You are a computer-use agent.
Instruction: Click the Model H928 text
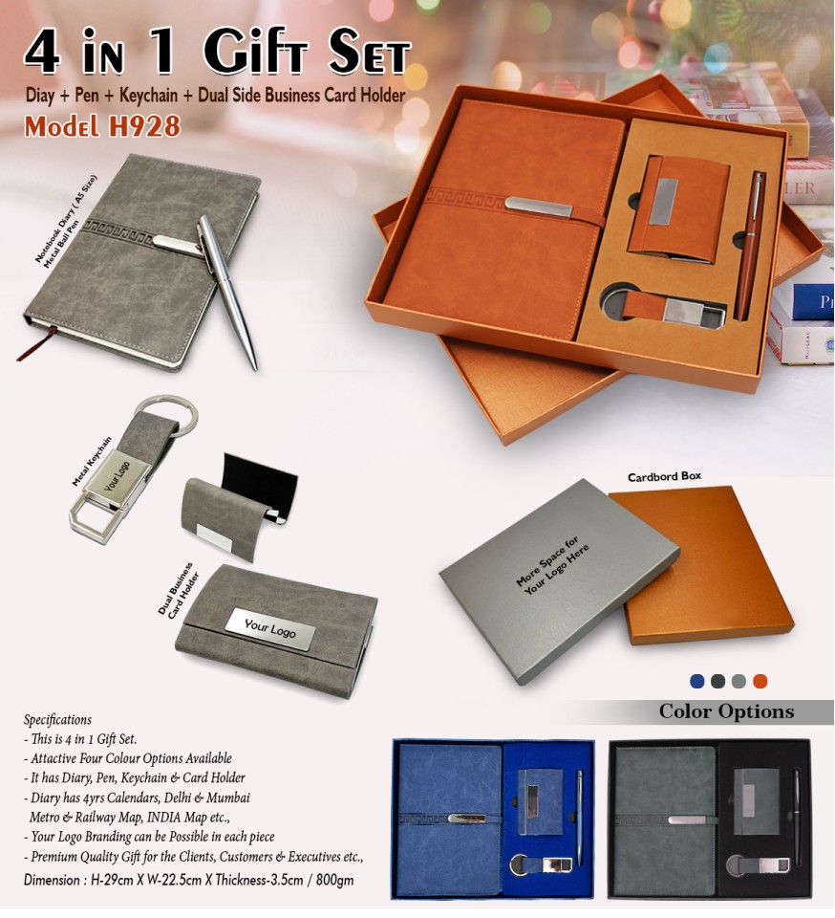(102, 126)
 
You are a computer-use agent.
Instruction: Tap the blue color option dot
(697, 681)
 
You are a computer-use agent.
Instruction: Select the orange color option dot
(760, 681)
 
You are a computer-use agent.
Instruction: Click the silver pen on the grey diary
(226, 291)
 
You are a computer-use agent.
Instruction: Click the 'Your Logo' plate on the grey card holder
(270, 629)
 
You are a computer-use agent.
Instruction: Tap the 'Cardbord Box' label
(664, 476)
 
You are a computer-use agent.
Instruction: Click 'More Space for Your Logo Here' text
(552, 565)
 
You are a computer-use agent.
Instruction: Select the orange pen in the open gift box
(750, 246)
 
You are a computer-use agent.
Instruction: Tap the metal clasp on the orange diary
(539, 207)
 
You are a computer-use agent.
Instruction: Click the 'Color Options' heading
(726, 711)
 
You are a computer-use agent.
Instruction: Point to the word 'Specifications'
(57, 719)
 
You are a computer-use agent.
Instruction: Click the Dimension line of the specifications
(188, 880)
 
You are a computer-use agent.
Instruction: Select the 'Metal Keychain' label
(91, 461)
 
